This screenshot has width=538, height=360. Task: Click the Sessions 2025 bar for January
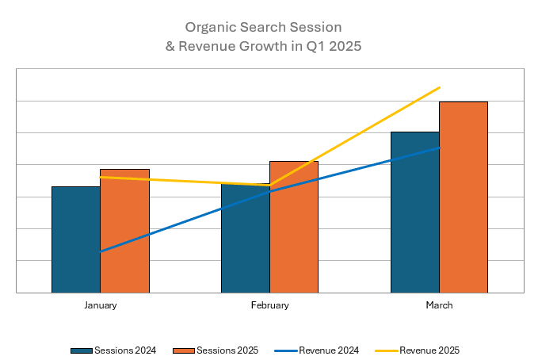tap(125, 230)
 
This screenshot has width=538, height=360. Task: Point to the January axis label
tap(101, 305)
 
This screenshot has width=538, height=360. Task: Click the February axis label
tap(270, 305)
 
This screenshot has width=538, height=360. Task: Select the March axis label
tap(439, 305)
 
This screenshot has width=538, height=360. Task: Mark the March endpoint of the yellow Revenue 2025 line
tap(439, 87)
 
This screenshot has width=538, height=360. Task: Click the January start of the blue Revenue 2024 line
tap(101, 251)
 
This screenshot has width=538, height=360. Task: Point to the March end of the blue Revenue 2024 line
tap(439, 147)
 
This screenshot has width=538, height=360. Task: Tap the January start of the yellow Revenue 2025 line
tap(101, 177)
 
